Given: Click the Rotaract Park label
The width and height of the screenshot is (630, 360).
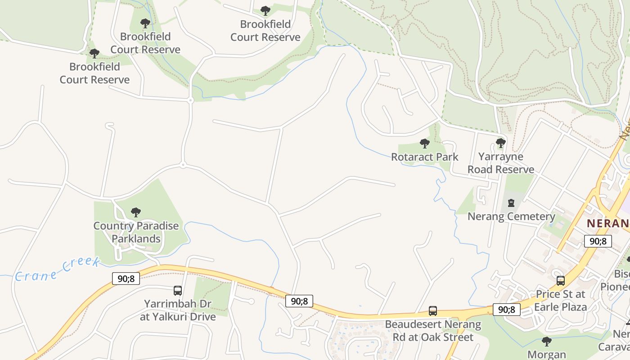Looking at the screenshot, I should click(x=424, y=157).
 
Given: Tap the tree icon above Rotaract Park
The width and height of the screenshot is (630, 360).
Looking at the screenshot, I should click(x=424, y=144).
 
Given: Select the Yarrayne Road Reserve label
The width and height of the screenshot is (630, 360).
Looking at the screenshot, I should click(x=501, y=163).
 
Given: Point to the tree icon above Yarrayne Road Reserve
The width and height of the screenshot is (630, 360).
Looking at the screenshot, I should click(x=500, y=143).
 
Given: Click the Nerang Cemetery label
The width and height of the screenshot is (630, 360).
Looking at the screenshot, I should click(x=511, y=216).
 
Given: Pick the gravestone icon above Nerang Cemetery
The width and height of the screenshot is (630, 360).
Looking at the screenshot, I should click(x=511, y=203).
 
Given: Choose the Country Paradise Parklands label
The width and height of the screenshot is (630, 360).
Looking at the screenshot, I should click(x=136, y=232).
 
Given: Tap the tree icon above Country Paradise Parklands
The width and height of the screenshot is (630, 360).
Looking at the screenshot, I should click(x=135, y=212).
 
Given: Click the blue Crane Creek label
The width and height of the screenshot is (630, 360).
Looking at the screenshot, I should click(x=57, y=269).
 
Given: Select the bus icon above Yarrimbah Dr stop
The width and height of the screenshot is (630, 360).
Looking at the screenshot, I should click(x=178, y=291).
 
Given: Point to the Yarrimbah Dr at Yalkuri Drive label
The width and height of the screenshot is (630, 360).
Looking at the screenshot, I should click(x=178, y=310).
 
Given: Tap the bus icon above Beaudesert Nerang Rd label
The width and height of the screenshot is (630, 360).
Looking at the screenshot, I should click(x=432, y=311).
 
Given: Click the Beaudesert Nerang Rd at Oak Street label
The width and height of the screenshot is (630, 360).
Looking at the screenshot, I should click(x=432, y=331).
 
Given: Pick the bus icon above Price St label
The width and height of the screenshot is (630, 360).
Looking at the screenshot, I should click(x=560, y=281).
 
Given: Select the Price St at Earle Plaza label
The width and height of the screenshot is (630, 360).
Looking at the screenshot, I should click(x=560, y=301).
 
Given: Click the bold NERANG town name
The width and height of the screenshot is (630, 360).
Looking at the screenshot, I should click(x=608, y=223).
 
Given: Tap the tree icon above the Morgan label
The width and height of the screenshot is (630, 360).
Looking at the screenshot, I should click(x=546, y=342).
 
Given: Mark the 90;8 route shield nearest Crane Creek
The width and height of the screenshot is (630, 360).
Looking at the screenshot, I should click(x=126, y=279).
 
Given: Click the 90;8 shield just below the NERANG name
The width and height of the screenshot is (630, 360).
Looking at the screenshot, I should click(x=598, y=241).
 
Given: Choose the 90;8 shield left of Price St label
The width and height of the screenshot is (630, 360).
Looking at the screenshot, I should click(x=507, y=310).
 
